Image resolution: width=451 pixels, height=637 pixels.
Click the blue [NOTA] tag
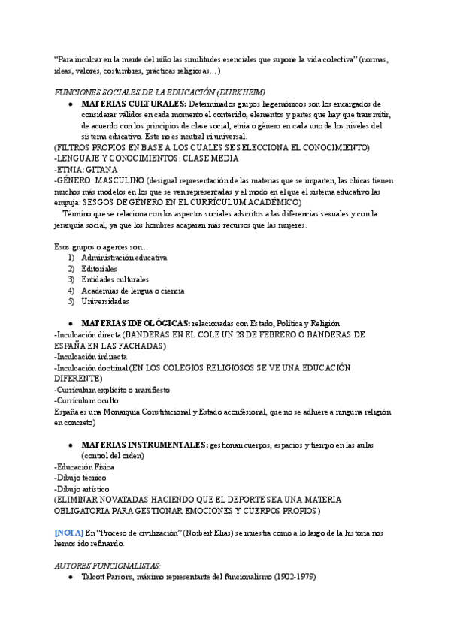point(68,533)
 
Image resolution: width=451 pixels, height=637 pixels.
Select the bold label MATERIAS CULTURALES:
point(134,103)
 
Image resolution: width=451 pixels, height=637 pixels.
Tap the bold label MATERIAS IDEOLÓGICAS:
point(135,323)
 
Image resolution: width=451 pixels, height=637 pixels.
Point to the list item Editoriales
point(99,268)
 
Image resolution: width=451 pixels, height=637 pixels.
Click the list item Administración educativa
point(124,257)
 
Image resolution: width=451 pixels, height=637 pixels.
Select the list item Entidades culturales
point(115,279)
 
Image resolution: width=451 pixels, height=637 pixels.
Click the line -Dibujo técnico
point(80,477)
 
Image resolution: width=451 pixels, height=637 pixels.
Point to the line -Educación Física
point(84,466)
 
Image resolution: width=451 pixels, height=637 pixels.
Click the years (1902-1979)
point(292,577)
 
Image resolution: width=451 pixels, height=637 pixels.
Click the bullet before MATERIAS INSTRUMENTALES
point(70,445)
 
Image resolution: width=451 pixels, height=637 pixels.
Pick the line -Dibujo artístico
point(82,488)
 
